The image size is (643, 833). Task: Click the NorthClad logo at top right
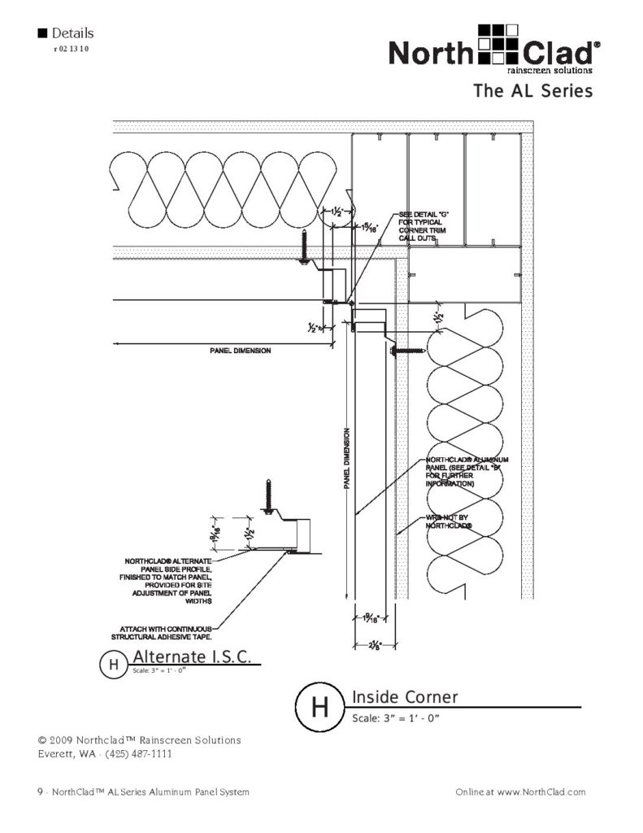tap(494, 50)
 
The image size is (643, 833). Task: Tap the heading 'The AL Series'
tap(532, 91)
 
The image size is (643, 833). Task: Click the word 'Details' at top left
tap(72, 33)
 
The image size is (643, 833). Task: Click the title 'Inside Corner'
tap(405, 697)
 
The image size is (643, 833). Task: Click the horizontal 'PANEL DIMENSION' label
tap(235, 351)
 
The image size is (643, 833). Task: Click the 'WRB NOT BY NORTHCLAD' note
tap(450, 521)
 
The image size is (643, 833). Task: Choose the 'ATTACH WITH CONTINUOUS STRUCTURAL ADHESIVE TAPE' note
tap(167, 633)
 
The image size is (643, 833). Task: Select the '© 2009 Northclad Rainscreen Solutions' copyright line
tap(139, 740)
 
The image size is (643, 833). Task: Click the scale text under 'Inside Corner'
tap(395, 719)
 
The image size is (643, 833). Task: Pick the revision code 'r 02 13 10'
tap(70, 49)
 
